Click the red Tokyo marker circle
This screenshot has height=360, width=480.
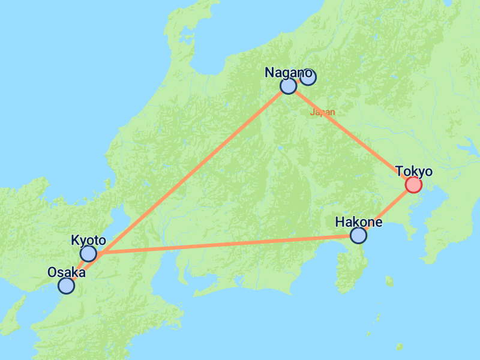[413, 185]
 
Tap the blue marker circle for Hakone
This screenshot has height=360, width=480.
[358, 236]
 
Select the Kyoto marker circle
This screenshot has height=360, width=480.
[88, 254]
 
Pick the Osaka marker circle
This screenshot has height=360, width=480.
[66, 286]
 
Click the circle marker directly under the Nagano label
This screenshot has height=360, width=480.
[289, 86]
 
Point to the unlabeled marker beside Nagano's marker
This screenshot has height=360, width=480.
[308, 77]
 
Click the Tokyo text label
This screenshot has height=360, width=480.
[414, 172]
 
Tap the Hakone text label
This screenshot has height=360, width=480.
[358, 222]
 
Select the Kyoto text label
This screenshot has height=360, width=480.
[88, 241]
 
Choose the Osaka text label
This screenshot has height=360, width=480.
[66, 272]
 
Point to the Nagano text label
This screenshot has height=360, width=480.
[289, 73]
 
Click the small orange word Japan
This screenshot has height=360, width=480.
[322, 112]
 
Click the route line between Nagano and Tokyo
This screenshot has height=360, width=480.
[351, 136]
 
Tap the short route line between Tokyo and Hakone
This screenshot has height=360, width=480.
[386, 210]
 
